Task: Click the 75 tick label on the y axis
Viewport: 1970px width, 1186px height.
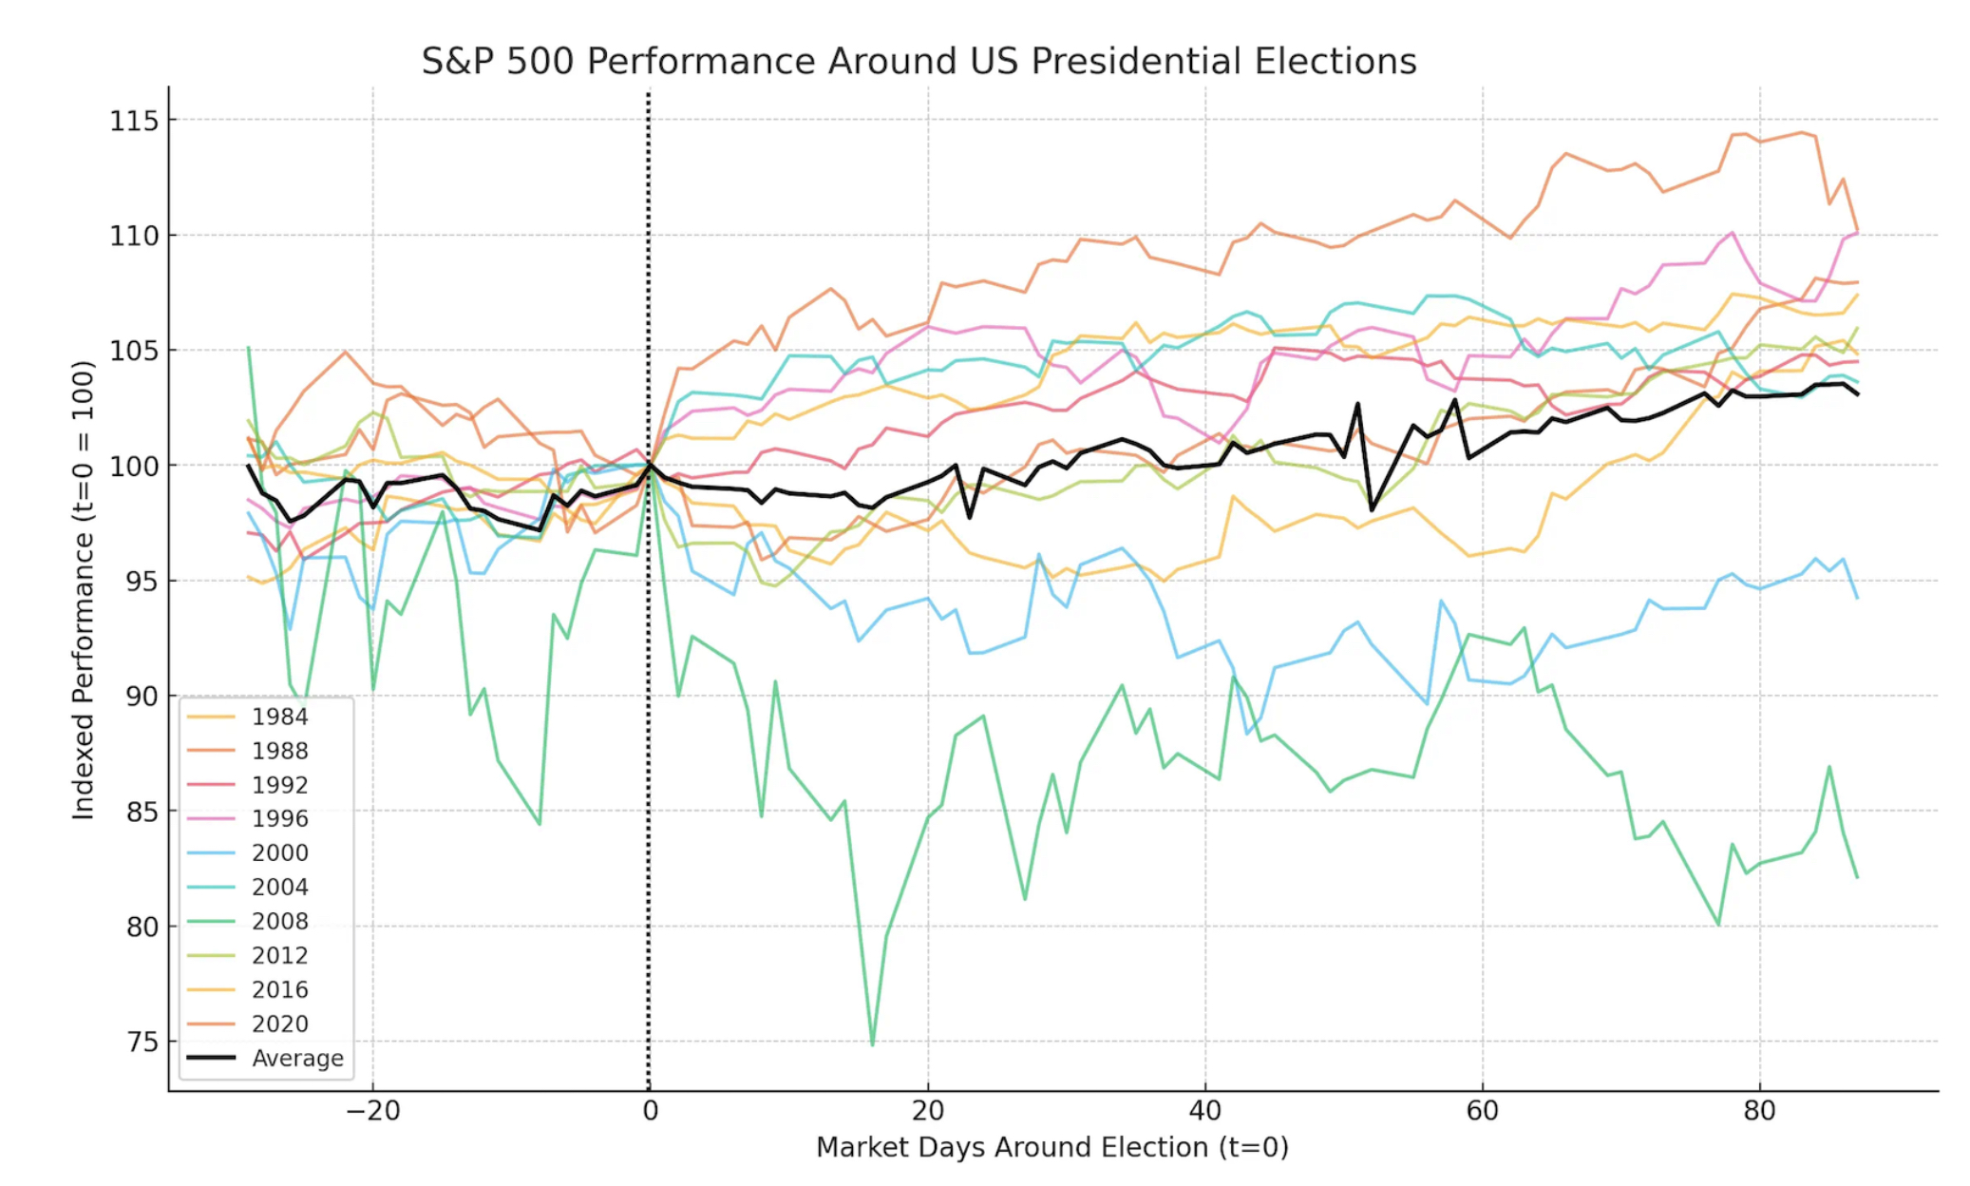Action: (142, 1042)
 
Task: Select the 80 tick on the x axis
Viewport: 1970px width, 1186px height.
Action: (1759, 1110)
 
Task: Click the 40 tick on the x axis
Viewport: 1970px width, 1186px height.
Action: (1204, 1110)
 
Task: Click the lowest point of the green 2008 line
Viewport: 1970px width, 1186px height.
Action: (872, 1044)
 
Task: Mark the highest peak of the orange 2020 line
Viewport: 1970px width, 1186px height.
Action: (1801, 132)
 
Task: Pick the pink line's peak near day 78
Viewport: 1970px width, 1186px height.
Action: (1732, 232)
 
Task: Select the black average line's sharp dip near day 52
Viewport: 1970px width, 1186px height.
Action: (1372, 510)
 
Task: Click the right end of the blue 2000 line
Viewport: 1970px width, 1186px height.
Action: (1857, 598)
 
